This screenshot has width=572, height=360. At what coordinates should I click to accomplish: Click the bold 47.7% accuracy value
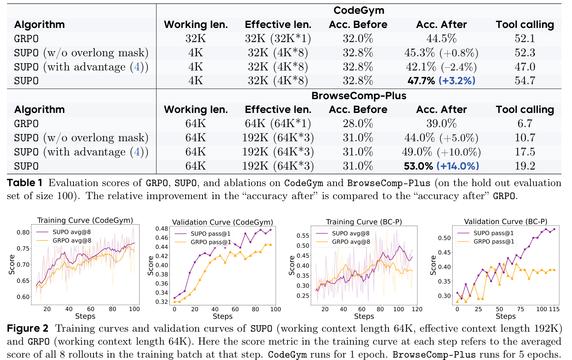click(421, 81)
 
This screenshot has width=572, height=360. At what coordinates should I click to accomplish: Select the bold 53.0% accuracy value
click(418, 166)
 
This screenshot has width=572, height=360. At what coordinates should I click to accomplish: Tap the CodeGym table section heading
click(359, 11)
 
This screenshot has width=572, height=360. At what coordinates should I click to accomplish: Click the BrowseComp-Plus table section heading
click(359, 96)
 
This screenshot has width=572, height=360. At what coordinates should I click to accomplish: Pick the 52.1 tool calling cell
click(525, 39)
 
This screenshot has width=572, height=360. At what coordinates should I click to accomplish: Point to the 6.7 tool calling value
click(525, 124)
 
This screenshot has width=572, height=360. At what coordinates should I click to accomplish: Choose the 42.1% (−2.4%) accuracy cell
click(441, 67)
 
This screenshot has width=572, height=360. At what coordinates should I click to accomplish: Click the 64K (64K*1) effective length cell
click(278, 124)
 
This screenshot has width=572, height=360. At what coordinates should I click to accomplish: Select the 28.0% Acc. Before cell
click(358, 124)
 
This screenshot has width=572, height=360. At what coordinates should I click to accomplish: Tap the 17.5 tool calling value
click(525, 152)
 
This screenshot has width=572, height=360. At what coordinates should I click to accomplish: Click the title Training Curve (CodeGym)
click(85, 220)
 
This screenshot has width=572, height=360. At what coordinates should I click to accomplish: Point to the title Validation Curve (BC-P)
click(506, 221)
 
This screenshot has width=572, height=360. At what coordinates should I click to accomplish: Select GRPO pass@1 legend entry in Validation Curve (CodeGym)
click(211, 242)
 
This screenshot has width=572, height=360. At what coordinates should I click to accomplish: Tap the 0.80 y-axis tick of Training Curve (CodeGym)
click(23, 233)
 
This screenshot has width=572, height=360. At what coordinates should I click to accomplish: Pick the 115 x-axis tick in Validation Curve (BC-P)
click(554, 309)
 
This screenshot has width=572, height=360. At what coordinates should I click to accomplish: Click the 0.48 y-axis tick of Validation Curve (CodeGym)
click(162, 229)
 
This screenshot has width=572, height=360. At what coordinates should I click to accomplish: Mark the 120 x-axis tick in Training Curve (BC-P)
click(417, 309)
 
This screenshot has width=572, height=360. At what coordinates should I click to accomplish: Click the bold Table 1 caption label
click(24, 183)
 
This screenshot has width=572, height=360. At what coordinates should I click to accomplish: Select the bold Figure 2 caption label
click(28, 329)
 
